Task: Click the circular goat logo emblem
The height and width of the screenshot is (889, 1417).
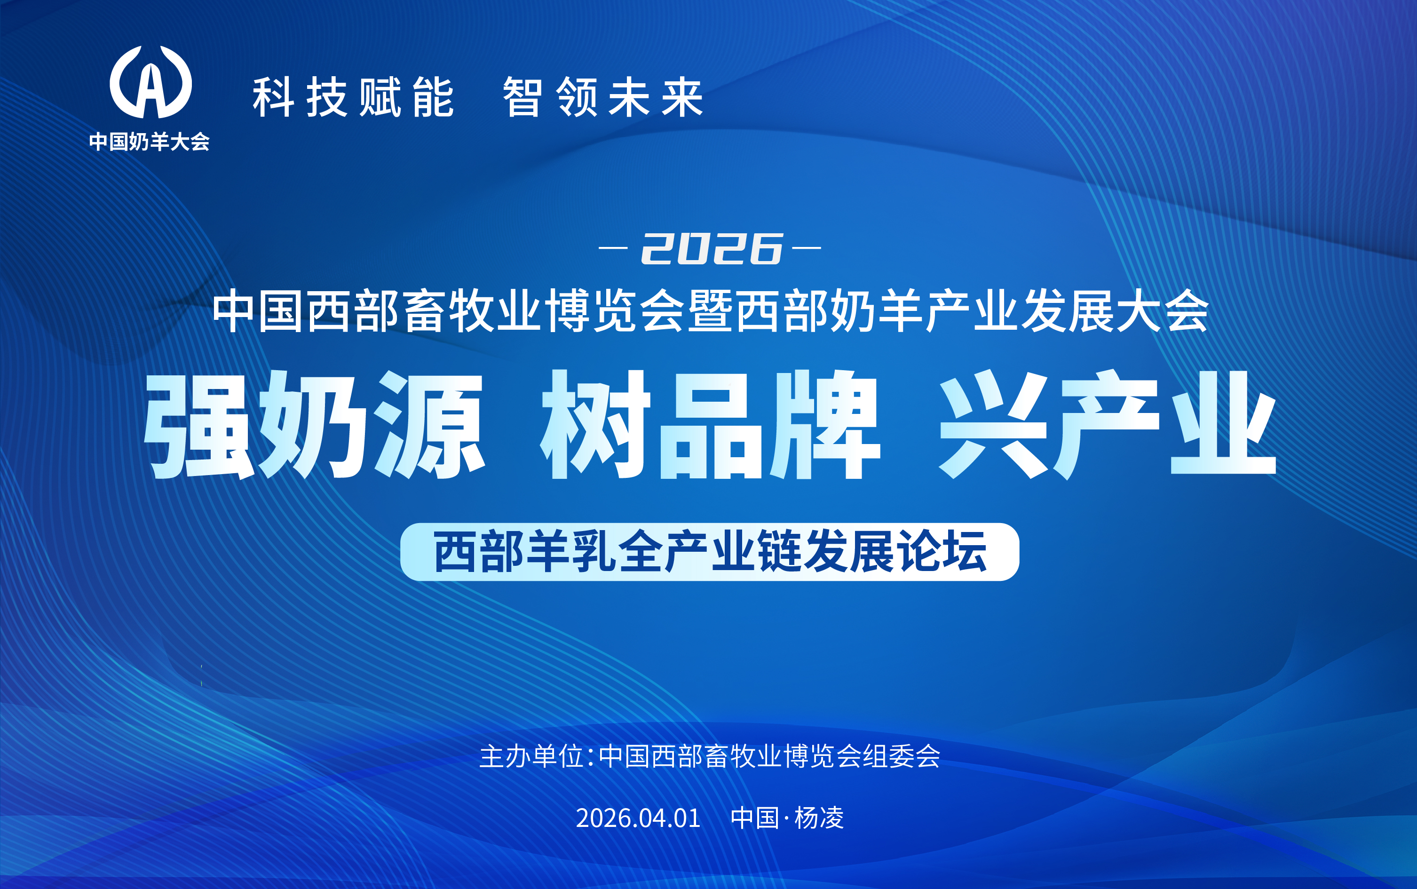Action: tap(150, 82)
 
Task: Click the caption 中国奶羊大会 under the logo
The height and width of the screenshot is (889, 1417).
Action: tap(149, 142)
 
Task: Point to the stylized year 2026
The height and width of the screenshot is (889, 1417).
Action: tap(712, 248)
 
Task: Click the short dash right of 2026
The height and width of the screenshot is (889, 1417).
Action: tap(807, 248)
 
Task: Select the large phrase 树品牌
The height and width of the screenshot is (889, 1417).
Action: tap(711, 424)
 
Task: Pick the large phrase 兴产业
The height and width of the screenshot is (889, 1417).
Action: tap(1108, 424)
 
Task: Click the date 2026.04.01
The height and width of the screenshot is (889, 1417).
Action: tap(638, 818)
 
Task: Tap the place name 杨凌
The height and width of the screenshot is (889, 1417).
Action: tap(819, 818)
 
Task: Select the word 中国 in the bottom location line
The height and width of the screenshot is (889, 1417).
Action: tap(755, 818)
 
